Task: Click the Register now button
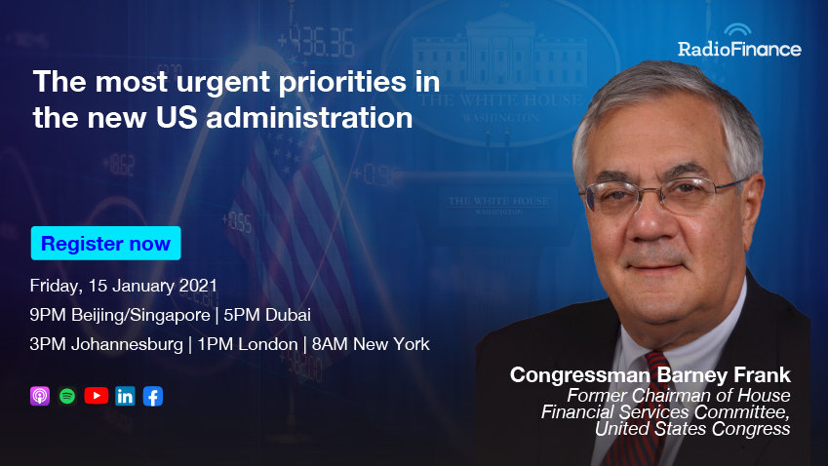pyautogui.click(x=105, y=244)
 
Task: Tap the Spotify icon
pyautogui.click(x=67, y=396)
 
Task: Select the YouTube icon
pyautogui.click(x=97, y=396)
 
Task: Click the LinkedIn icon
pyautogui.click(x=125, y=396)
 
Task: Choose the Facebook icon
pyautogui.click(x=153, y=396)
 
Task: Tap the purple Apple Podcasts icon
pyautogui.click(x=40, y=396)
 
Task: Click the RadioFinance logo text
pyautogui.click(x=739, y=49)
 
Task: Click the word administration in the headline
pyautogui.click(x=309, y=117)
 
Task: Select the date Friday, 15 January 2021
pyautogui.click(x=124, y=286)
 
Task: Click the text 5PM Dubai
pyautogui.click(x=266, y=315)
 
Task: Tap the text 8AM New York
pyautogui.click(x=371, y=344)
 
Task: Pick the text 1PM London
pyautogui.click(x=247, y=344)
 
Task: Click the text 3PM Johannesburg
pyautogui.click(x=106, y=344)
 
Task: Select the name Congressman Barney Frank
pyautogui.click(x=651, y=374)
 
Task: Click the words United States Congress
pyautogui.click(x=692, y=429)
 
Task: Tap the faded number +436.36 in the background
pyautogui.click(x=316, y=41)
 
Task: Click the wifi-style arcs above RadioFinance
pyautogui.click(x=737, y=29)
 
